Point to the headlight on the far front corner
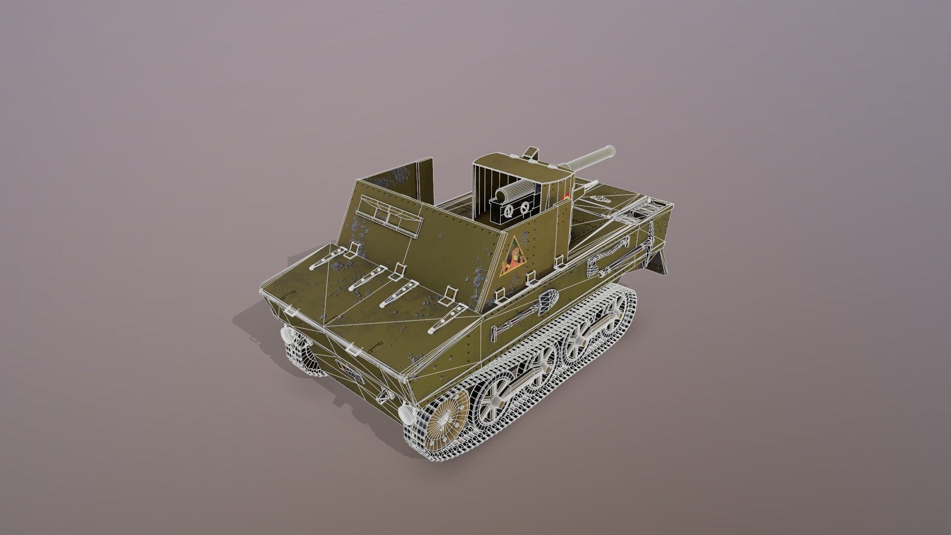tap(287, 335)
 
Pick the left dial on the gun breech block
tap(507, 210)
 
